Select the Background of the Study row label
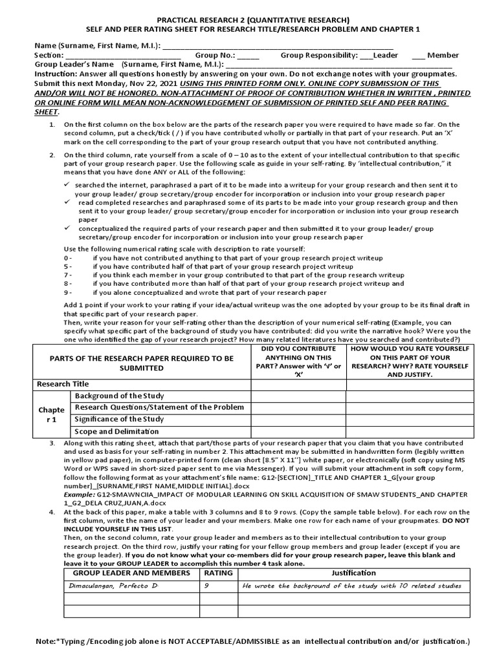[x=120, y=396]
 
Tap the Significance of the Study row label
[x=120, y=420]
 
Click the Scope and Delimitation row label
[x=117, y=431]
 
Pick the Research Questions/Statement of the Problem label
[x=159, y=407]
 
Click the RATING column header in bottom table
[x=219, y=572]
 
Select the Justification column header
[x=353, y=572]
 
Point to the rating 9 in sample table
[x=207, y=586]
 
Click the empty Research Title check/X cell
[x=298, y=385]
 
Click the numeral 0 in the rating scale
[x=66, y=258]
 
